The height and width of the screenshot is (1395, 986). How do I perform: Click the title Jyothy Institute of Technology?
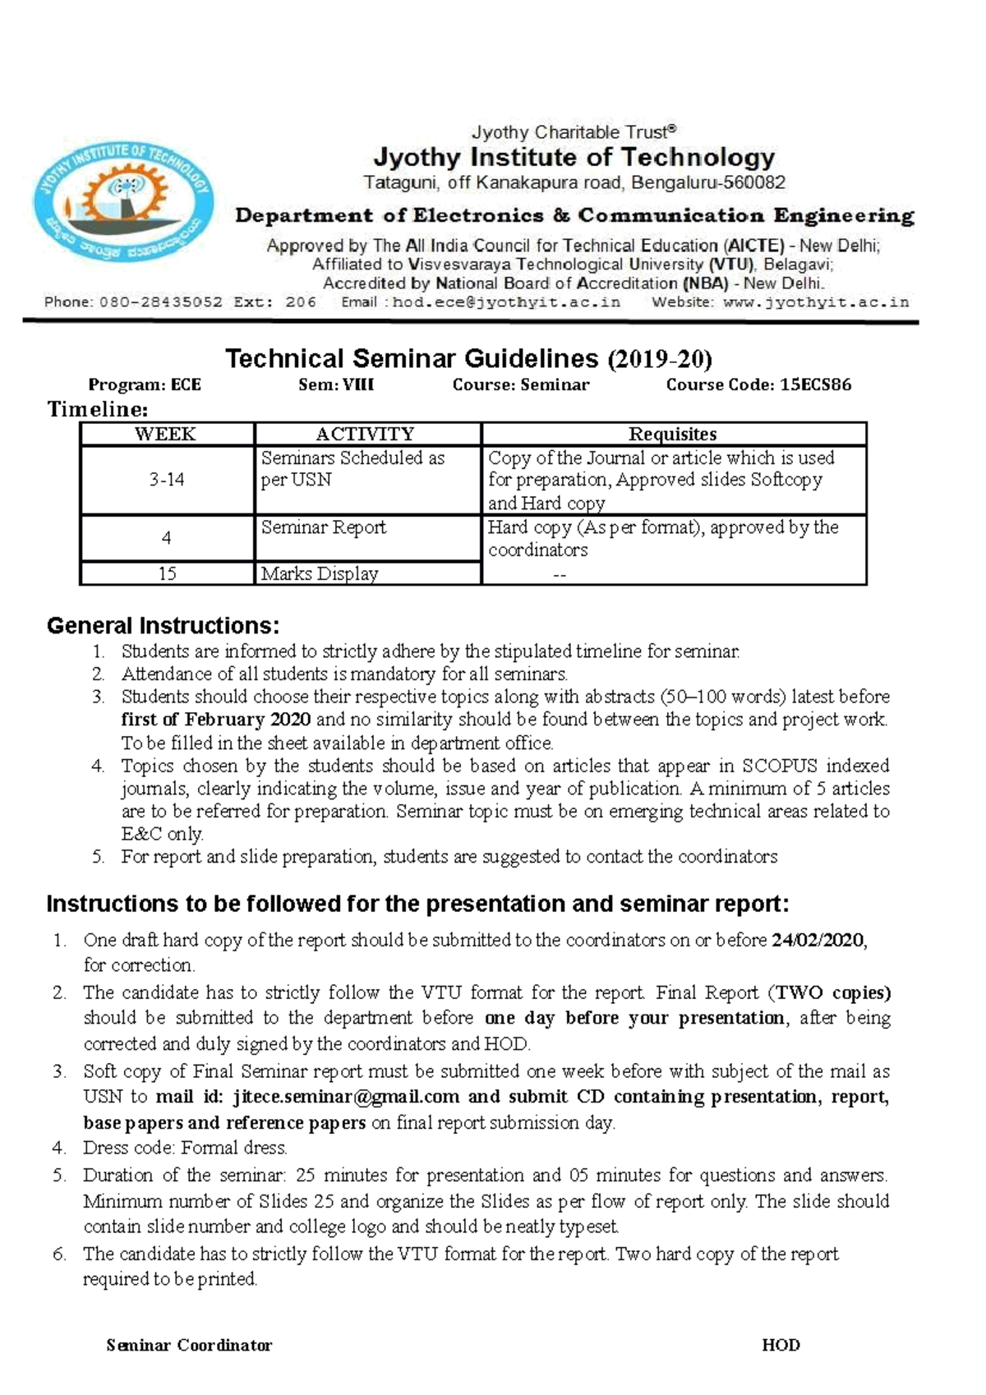[574, 157]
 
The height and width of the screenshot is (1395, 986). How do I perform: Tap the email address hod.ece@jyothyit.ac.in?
[507, 302]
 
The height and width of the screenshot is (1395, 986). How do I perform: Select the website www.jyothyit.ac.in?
[816, 302]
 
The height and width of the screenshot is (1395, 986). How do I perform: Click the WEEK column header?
[166, 434]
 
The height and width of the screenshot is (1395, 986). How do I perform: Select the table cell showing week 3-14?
[166, 480]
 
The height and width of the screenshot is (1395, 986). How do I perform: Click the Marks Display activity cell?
[319, 573]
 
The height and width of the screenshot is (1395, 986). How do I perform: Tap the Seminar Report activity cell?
[323, 527]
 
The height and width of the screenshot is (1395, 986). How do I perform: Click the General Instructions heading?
[163, 626]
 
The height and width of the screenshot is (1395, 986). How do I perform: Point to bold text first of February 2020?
[215, 720]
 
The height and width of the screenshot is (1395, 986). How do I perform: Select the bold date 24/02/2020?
[818, 941]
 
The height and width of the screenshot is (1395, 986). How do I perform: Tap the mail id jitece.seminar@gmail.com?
[346, 1097]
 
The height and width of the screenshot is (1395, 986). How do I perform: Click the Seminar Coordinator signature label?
[189, 1345]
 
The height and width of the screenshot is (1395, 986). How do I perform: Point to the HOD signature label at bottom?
[781, 1345]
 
